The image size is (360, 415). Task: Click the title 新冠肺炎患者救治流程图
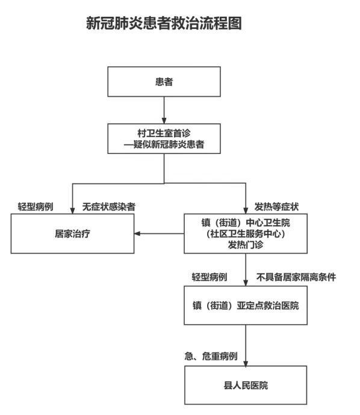(164, 23)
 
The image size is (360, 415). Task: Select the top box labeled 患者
(164, 82)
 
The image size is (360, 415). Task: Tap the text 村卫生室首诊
(164, 133)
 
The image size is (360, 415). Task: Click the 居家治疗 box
(72, 234)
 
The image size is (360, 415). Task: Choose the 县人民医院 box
(246, 385)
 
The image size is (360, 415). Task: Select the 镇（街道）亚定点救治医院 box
(246, 305)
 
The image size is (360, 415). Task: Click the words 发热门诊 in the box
(246, 245)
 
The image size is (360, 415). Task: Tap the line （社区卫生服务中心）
(246, 234)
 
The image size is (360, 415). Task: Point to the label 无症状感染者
(109, 207)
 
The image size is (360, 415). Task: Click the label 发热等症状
(276, 207)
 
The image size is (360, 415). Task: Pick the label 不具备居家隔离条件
(296, 277)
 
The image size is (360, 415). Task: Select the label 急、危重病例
(211, 356)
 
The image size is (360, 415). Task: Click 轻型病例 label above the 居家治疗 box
(36, 207)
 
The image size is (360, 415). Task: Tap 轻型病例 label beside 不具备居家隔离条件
(209, 277)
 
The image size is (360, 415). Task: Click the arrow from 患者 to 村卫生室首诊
(164, 110)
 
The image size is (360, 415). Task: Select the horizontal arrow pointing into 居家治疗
(159, 234)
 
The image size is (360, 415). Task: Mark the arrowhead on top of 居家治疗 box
(72, 211)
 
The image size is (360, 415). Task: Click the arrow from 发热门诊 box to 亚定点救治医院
(246, 269)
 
